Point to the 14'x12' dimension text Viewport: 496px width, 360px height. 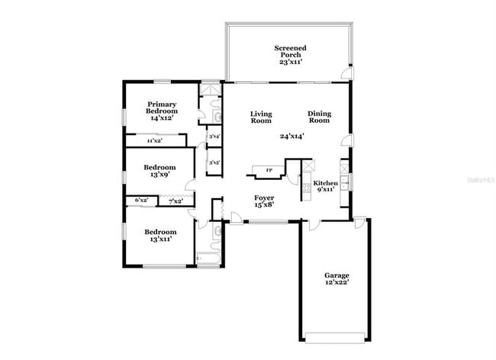[x=162, y=118]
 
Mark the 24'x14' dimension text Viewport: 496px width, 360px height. [x=292, y=137]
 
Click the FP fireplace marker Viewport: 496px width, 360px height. [x=268, y=170]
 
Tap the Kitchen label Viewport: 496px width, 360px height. [x=325, y=184]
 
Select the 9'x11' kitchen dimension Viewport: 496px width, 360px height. [x=325, y=191]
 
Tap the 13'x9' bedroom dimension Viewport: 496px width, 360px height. [x=159, y=175]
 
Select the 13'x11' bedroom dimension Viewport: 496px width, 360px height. [x=159, y=239]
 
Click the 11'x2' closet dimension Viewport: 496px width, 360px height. [x=154, y=140]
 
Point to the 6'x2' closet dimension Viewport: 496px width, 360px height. [x=141, y=201]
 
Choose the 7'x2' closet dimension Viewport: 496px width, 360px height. [x=176, y=201]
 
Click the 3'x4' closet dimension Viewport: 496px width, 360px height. [x=214, y=137]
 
